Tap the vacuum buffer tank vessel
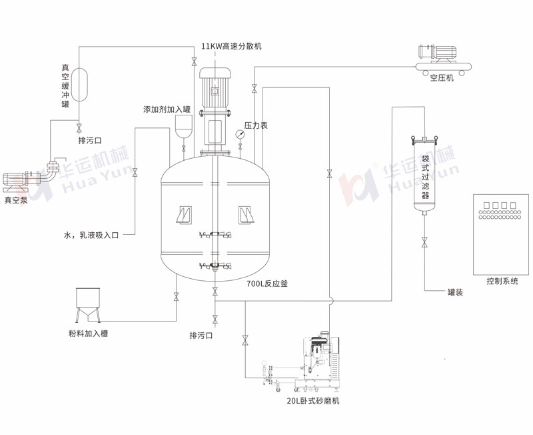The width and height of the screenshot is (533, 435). tap(79, 83)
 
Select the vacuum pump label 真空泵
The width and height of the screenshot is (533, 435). tap(17, 199)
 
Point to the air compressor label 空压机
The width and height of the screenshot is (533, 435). tap(441, 78)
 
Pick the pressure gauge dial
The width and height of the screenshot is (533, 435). tap(239, 133)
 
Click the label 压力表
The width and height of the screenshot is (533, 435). tap(256, 125)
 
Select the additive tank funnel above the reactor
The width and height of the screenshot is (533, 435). tap(183, 126)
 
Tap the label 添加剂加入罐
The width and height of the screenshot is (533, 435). tap(167, 109)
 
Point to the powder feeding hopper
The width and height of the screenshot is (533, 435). tap(88, 305)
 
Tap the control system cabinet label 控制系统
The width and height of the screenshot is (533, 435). tap(502, 282)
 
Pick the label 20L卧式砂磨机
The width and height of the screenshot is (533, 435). tap(313, 402)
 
